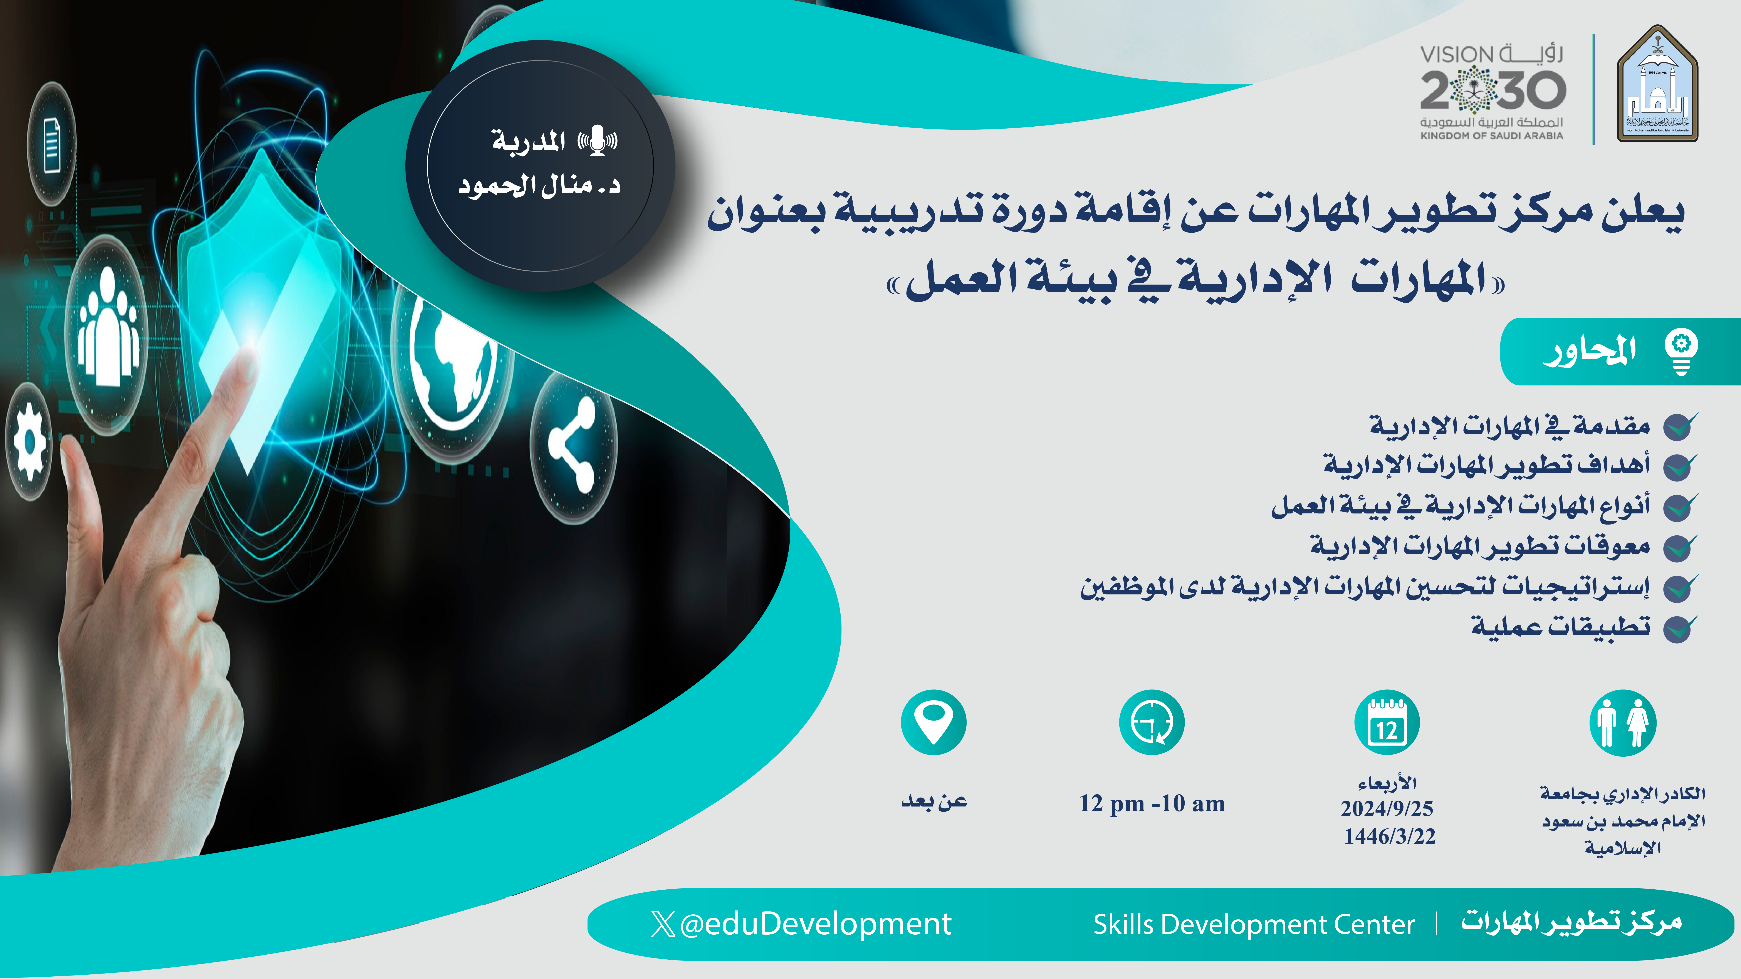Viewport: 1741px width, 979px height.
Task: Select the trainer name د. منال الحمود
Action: click(539, 186)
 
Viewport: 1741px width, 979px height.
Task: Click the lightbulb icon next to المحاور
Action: click(1681, 351)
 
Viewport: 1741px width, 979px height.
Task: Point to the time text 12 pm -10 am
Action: click(1152, 803)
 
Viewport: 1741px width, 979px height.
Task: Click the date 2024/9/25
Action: click(1387, 808)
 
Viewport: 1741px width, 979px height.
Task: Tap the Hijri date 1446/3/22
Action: click(1389, 837)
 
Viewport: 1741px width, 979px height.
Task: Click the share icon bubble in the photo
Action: click(573, 446)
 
